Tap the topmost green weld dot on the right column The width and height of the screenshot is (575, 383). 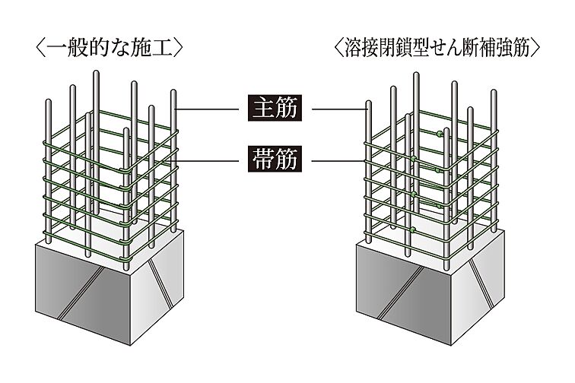coord(440,134)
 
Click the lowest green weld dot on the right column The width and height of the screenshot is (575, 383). coord(413,229)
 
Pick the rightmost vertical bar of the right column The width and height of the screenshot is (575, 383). coord(494,167)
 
